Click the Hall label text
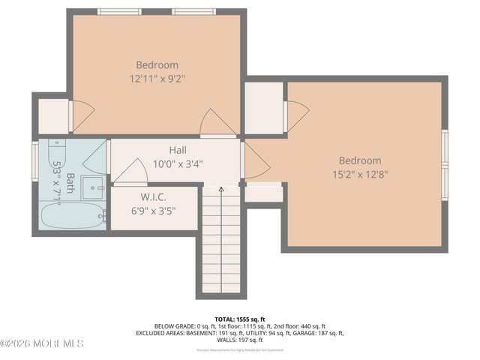point(178,150)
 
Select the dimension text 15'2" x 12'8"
point(359,174)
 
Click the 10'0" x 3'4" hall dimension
point(178,163)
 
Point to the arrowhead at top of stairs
point(221,190)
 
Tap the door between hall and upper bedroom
point(217,124)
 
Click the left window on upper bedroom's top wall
point(120,11)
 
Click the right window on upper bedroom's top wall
point(194,11)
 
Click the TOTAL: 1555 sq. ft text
point(239,319)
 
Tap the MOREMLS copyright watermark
point(42,343)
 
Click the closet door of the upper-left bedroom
point(81,115)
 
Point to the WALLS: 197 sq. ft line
point(239,340)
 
